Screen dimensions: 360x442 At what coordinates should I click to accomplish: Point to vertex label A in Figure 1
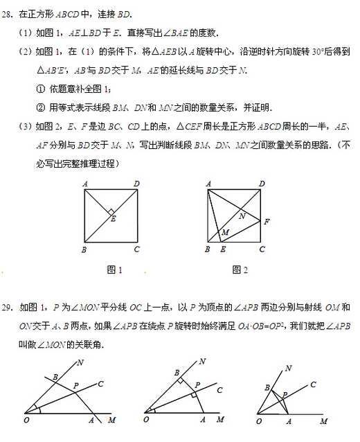point(84,184)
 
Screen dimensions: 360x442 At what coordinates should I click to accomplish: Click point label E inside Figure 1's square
point(114,220)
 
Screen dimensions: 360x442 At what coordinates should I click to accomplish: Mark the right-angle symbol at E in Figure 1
point(111,212)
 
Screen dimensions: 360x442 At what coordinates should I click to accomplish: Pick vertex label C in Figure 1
point(137,249)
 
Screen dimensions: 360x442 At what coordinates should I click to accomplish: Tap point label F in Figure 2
point(267,222)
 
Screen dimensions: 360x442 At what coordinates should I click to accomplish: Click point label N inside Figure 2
point(242,215)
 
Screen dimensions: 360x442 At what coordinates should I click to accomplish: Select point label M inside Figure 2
point(225,232)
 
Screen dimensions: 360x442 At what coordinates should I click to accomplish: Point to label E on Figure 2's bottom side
point(222,249)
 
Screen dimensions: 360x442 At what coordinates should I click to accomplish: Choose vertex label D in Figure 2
point(262,184)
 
